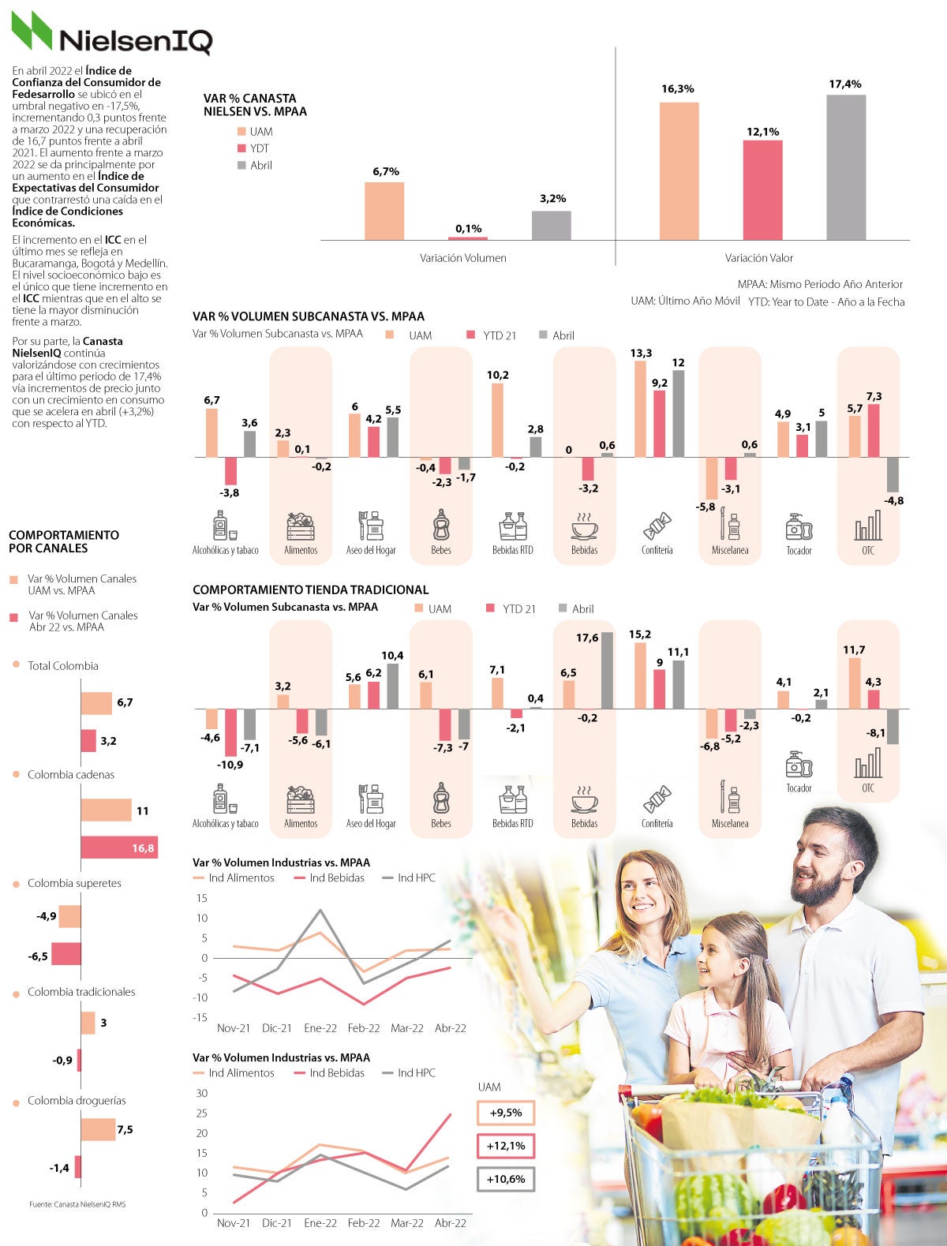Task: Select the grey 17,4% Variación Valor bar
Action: (846, 167)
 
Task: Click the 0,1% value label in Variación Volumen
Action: (468, 229)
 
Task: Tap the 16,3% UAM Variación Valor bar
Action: (679, 170)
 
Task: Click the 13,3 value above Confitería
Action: (641, 353)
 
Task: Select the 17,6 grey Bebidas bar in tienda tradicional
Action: (607, 670)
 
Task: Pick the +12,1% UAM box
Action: (506, 1146)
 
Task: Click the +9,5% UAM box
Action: (506, 1113)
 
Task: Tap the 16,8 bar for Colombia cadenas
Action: (119, 848)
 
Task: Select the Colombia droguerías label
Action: (77, 1101)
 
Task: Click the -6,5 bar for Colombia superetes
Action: (66, 953)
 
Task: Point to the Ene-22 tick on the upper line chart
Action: (320, 1028)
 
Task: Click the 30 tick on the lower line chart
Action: (202, 1093)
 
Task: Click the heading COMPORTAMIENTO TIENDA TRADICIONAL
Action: (311, 589)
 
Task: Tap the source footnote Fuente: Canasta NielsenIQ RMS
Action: (77, 1204)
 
